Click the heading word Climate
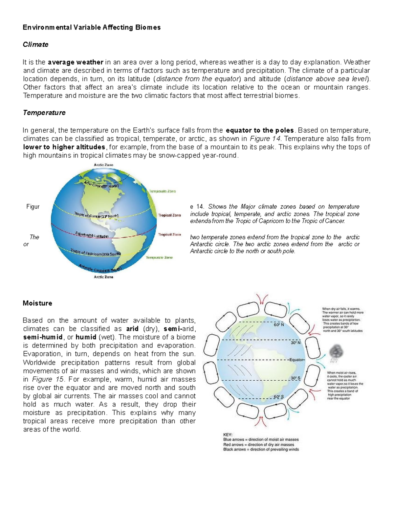(35, 44)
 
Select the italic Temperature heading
(44, 113)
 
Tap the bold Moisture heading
(37, 303)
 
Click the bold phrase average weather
(76, 62)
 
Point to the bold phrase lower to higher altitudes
(64, 147)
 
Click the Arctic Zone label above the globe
(103, 165)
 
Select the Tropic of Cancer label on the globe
(96, 215)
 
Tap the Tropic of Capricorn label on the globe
(96, 253)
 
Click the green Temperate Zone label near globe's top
(163, 191)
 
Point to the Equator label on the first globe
(92, 234)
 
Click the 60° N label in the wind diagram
(279, 325)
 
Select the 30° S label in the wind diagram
(295, 378)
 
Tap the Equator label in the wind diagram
(297, 360)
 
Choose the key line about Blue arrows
(261, 439)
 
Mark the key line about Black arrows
(261, 449)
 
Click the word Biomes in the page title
(148, 27)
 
